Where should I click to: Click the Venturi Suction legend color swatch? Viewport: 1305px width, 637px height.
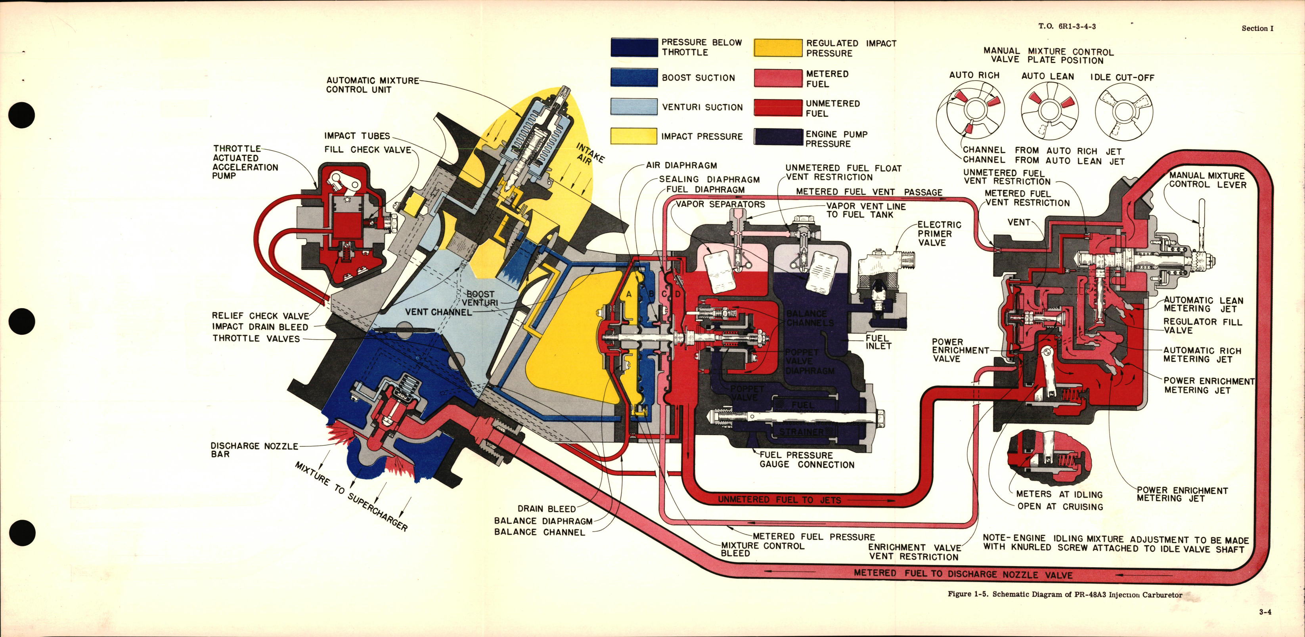(x=634, y=107)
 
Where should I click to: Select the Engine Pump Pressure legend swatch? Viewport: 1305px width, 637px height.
(x=778, y=137)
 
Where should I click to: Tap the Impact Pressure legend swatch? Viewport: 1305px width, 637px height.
(x=634, y=136)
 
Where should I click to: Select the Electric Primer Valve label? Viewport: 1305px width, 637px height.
(x=939, y=233)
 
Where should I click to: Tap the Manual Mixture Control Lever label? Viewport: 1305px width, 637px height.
(x=1207, y=180)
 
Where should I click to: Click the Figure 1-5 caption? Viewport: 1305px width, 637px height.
(x=1065, y=595)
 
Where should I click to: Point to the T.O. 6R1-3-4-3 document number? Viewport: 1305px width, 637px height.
(x=1067, y=26)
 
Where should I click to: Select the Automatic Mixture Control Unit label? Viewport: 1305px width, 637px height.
(x=372, y=85)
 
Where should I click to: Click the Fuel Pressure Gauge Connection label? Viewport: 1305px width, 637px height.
(x=806, y=460)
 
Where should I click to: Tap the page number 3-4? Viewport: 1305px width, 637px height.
(x=1265, y=612)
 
